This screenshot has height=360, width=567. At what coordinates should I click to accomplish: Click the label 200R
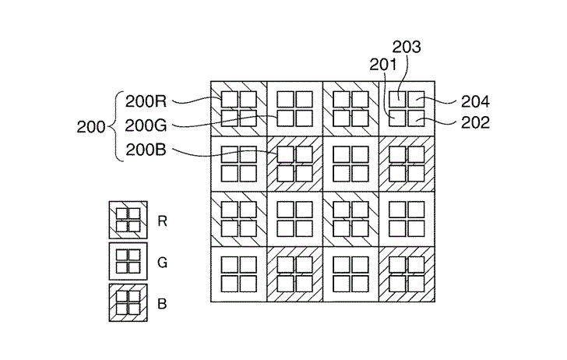pyautogui.click(x=146, y=101)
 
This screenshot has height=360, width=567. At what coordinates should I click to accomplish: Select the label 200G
pyautogui.click(x=146, y=124)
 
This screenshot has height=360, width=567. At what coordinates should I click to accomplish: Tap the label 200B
pyautogui.click(x=146, y=150)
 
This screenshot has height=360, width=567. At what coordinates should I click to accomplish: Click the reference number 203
pyautogui.click(x=407, y=47)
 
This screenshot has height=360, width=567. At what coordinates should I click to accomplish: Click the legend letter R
pyautogui.click(x=162, y=221)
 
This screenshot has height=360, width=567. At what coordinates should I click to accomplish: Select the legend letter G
pyautogui.click(x=162, y=263)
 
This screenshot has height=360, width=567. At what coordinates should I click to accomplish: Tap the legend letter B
pyautogui.click(x=162, y=302)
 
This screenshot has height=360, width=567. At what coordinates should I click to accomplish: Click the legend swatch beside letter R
pyautogui.click(x=127, y=221)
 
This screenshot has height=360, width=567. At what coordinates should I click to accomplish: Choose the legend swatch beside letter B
pyautogui.click(x=127, y=302)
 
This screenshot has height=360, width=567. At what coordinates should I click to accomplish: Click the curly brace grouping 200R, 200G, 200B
pyautogui.click(x=117, y=125)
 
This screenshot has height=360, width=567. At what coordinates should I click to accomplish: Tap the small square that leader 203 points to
pyautogui.click(x=397, y=99)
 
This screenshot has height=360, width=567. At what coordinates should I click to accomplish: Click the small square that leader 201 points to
pyautogui.click(x=397, y=118)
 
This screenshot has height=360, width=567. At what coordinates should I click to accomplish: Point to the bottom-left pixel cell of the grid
pyautogui.click(x=238, y=274)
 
